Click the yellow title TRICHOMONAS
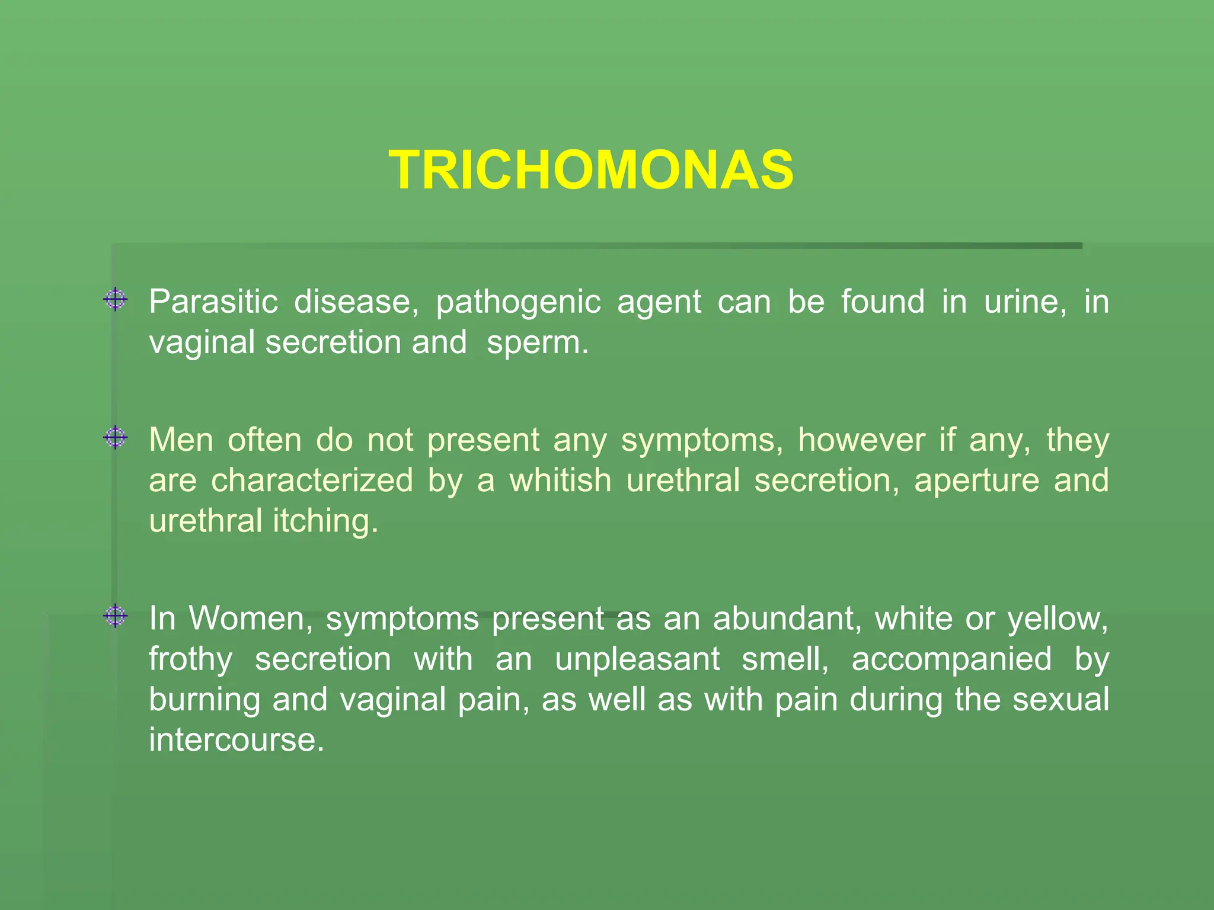(591, 170)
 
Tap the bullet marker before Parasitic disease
(115, 300)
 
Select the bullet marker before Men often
(115, 438)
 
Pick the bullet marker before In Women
(115, 617)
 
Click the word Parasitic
(213, 302)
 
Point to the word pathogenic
(518, 303)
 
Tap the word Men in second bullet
(181, 440)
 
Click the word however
(861, 440)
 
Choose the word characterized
(312, 480)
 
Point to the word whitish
(560, 480)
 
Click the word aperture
(976, 481)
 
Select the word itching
(325, 521)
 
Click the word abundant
(787, 619)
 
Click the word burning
(204, 700)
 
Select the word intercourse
(236, 740)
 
